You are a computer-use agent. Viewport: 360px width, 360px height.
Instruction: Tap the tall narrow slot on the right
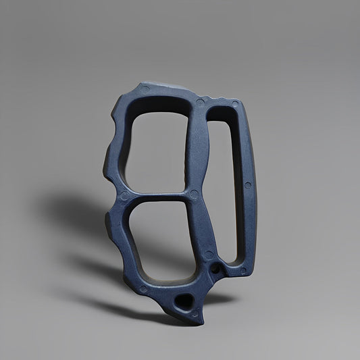coord(228,182)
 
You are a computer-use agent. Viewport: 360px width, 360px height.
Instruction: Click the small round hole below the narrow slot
coord(215,269)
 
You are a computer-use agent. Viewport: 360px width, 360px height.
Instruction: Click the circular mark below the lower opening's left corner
coord(143,289)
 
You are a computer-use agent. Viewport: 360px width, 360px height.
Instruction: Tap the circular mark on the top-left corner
coord(144,88)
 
